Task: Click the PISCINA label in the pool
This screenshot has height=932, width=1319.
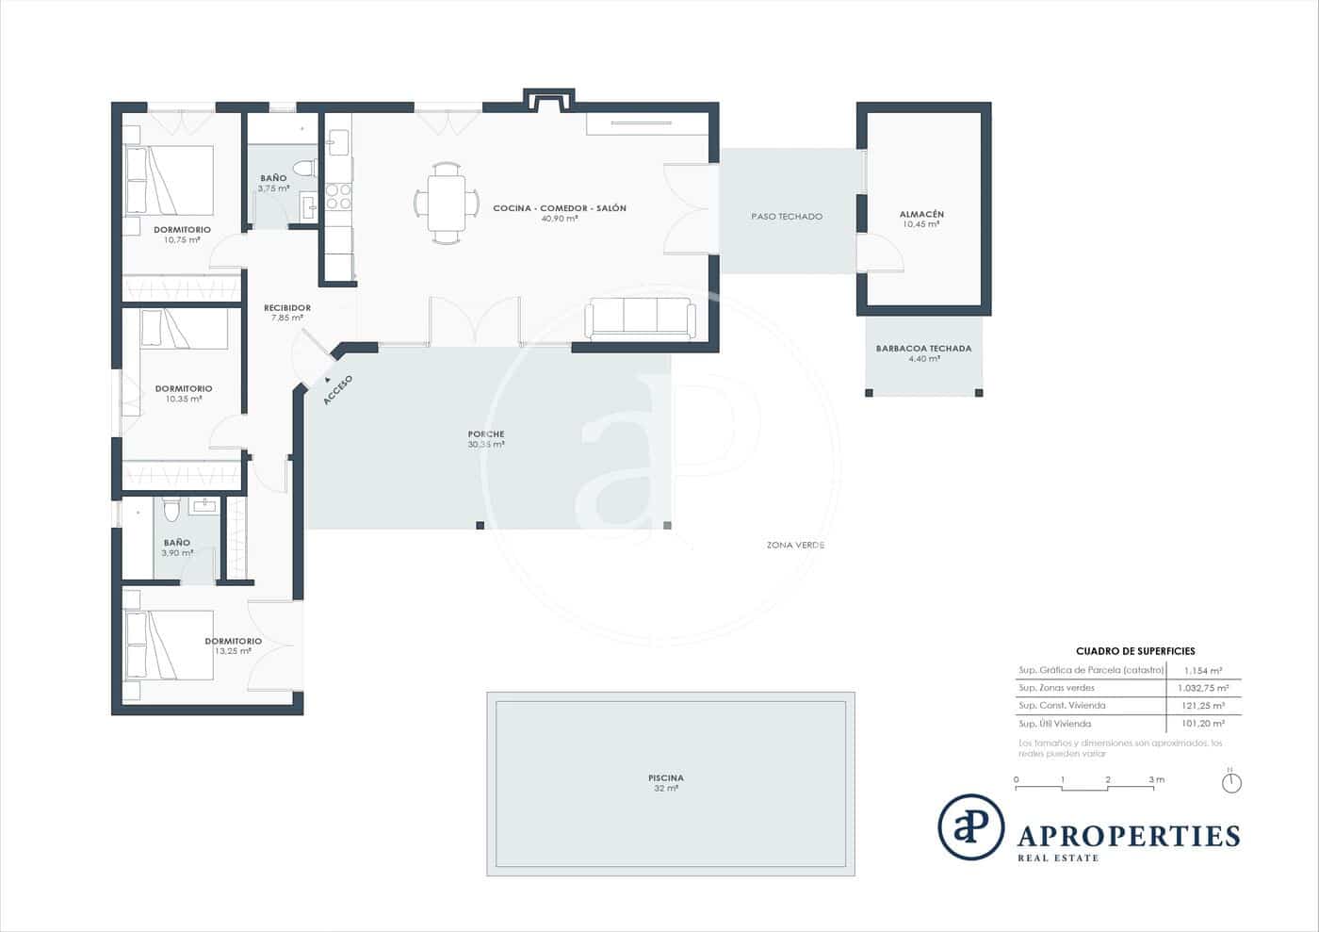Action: click(x=665, y=778)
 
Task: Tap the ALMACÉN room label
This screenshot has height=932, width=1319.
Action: click(x=920, y=215)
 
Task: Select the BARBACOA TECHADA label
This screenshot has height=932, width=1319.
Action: click(x=922, y=349)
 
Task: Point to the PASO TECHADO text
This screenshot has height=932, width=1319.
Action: click(x=786, y=217)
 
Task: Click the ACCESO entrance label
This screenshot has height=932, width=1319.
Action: click(x=337, y=390)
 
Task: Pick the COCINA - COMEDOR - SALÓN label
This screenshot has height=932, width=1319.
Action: click(x=559, y=208)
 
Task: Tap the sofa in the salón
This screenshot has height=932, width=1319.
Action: click(x=640, y=318)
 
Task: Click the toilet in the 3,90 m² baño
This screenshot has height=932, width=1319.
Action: click(x=170, y=510)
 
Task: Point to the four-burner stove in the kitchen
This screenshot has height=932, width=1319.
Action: click(x=338, y=196)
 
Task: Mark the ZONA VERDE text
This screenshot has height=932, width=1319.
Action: click(x=795, y=546)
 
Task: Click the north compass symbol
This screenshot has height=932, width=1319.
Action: click(x=1230, y=782)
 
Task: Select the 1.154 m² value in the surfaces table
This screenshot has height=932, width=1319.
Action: click(x=1203, y=671)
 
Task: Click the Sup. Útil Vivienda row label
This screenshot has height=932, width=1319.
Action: click(x=1054, y=724)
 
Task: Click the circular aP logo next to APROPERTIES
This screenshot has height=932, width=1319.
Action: click(x=970, y=826)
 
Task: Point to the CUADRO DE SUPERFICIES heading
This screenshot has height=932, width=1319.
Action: click(x=1134, y=651)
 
